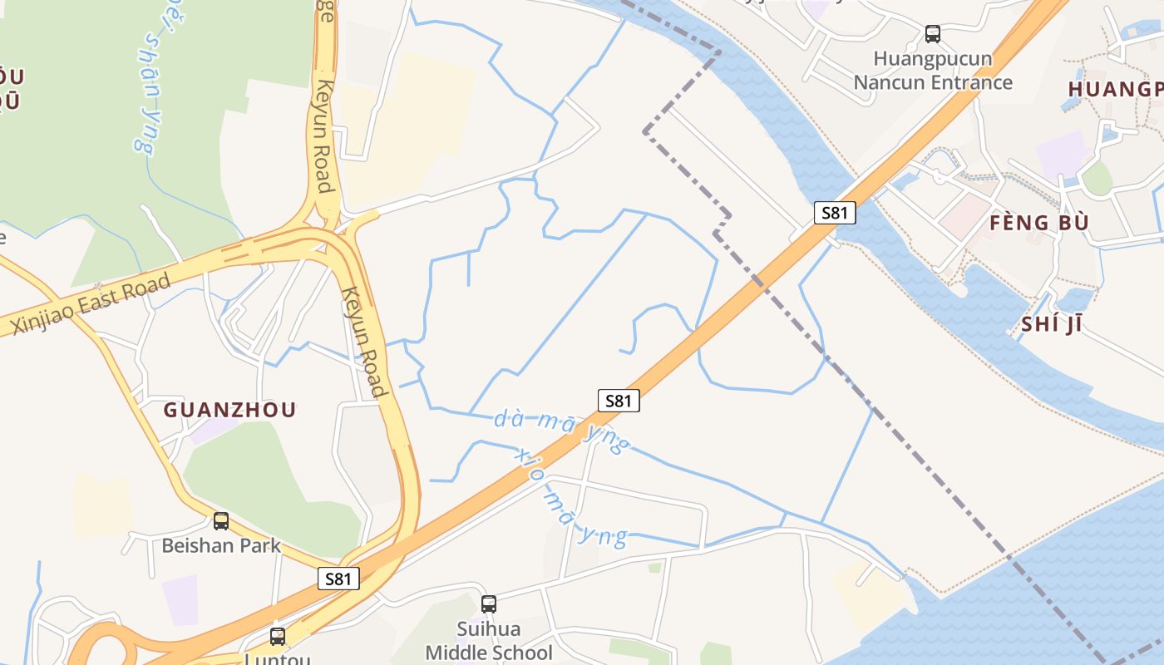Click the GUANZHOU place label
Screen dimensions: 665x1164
pyautogui.click(x=229, y=410)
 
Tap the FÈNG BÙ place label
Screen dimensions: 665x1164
pyautogui.click(x=1038, y=223)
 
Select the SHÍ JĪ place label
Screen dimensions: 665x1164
pyautogui.click(x=1051, y=324)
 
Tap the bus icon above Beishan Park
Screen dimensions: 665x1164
pyautogui.click(x=221, y=521)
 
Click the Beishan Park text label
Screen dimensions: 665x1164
pyautogui.click(x=221, y=546)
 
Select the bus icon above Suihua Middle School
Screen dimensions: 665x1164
pyautogui.click(x=489, y=604)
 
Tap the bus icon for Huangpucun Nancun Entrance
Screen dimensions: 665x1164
pyautogui.click(x=933, y=34)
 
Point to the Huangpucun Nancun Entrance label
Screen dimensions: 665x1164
pyautogui.click(x=933, y=71)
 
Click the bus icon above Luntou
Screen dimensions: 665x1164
pyautogui.click(x=278, y=637)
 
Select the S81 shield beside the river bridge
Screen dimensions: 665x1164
pyautogui.click(x=834, y=213)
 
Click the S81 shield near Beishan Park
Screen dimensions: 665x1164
pyautogui.click(x=338, y=579)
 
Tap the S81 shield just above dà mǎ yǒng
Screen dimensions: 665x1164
pyautogui.click(x=619, y=401)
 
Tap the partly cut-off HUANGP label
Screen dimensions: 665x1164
pyautogui.click(x=1114, y=89)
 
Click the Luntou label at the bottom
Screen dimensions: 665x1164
pyautogui.click(x=278, y=658)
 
